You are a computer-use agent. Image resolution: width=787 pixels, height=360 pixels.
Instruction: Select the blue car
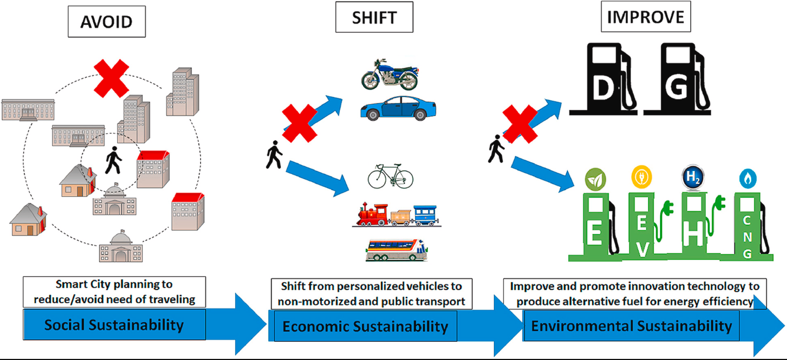click(394, 108)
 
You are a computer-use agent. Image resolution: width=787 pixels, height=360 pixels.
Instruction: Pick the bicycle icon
click(390, 176)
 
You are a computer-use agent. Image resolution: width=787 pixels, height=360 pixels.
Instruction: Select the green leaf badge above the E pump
click(595, 178)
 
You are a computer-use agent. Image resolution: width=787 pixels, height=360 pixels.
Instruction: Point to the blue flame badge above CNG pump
click(748, 178)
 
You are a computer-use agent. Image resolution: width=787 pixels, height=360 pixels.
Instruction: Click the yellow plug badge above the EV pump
click(641, 177)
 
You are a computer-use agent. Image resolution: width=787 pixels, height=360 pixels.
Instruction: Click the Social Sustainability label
click(114, 325)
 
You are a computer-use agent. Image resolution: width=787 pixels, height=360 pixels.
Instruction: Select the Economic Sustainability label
click(365, 326)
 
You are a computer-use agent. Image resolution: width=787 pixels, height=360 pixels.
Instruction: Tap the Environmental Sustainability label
click(631, 326)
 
